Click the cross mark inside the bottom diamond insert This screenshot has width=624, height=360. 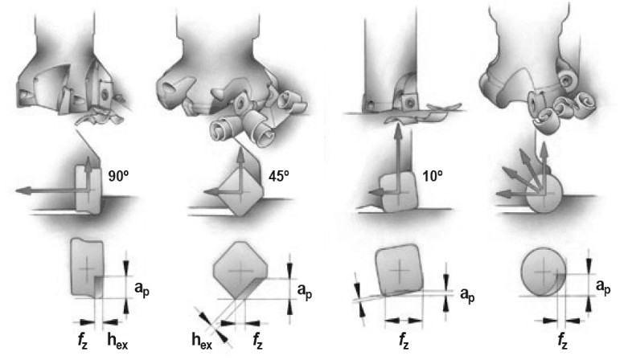click(239, 272)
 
